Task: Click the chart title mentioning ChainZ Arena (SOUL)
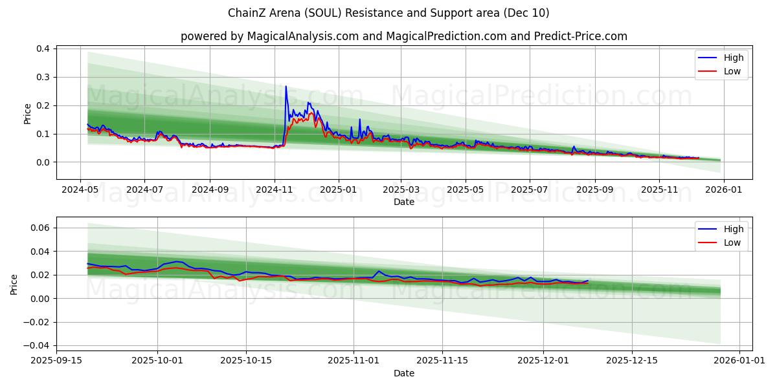(x=388, y=13)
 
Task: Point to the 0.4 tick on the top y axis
(x=43, y=49)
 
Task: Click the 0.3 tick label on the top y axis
(x=43, y=78)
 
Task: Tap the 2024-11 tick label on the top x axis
(x=275, y=190)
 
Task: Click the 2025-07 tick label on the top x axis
(x=530, y=190)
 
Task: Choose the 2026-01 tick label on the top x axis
(x=723, y=190)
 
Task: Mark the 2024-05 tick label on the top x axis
(x=80, y=190)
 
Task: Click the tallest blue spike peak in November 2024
(x=286, y=86)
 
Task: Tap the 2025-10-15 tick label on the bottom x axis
(x=246, y=361)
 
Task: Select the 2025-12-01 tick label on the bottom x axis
(x=543, y=361)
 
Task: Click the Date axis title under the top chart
(x=404, y=202)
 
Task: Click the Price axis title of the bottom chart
(x=14, y=284)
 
